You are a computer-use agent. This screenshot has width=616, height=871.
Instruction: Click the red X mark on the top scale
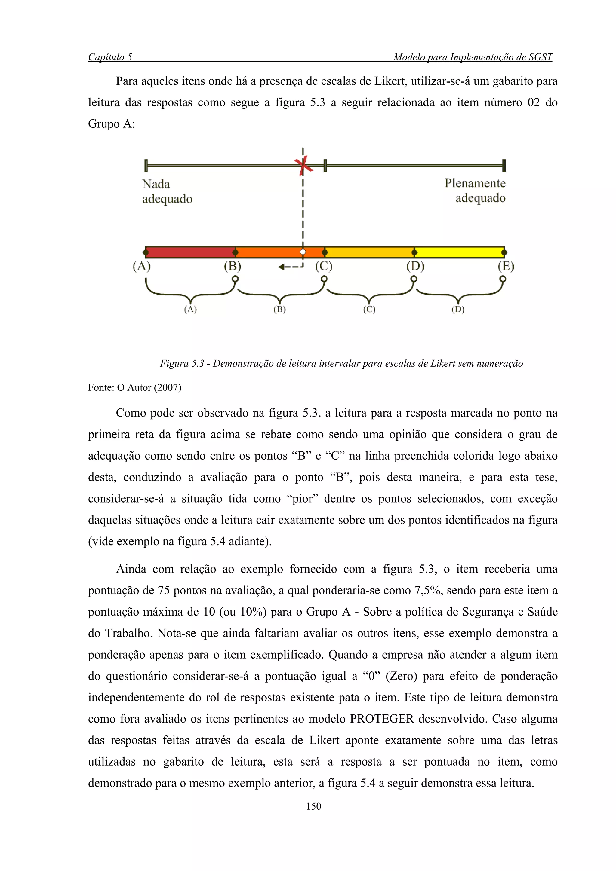[x=303, y=166]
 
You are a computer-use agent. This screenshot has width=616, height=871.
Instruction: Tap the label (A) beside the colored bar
[x=142, y=266]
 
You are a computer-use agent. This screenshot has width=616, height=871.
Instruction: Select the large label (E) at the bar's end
[x=506, y=266]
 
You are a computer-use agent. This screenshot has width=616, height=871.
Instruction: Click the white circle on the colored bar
[x=303, y=252]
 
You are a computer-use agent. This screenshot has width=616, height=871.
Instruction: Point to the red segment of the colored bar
[x=190, y=252]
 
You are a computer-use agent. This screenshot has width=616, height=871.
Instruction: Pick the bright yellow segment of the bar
[x=459, y=252]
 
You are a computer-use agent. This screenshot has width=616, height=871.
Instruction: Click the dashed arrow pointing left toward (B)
[x=290, y=267]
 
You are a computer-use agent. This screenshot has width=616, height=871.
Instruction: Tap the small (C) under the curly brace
[x=369, y=310]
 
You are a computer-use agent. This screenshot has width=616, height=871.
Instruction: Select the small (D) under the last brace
[x=458, y=310]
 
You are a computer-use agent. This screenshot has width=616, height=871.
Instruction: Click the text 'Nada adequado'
[x=167, y=191]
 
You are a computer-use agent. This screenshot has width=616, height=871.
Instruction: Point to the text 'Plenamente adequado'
[x=475, y=191]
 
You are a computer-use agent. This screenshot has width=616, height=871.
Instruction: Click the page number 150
[x=313, y=806]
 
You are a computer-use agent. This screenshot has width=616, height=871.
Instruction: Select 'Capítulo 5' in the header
[x=110, y=57]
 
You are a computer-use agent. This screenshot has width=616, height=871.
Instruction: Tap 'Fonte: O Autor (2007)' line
[x=135, y=387]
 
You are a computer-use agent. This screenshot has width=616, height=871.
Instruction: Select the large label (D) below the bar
[x=415, y=266]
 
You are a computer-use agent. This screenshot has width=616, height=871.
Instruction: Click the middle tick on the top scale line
[x=325, y=166]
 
